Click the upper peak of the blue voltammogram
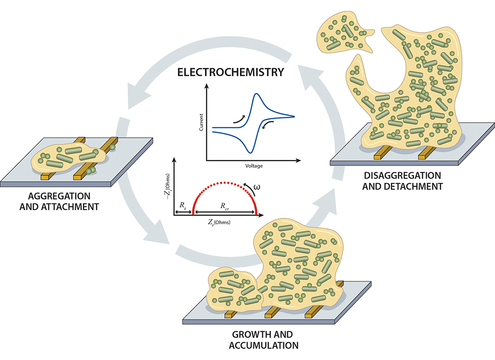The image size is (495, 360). pyautogui.click(x=256, y=94)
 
